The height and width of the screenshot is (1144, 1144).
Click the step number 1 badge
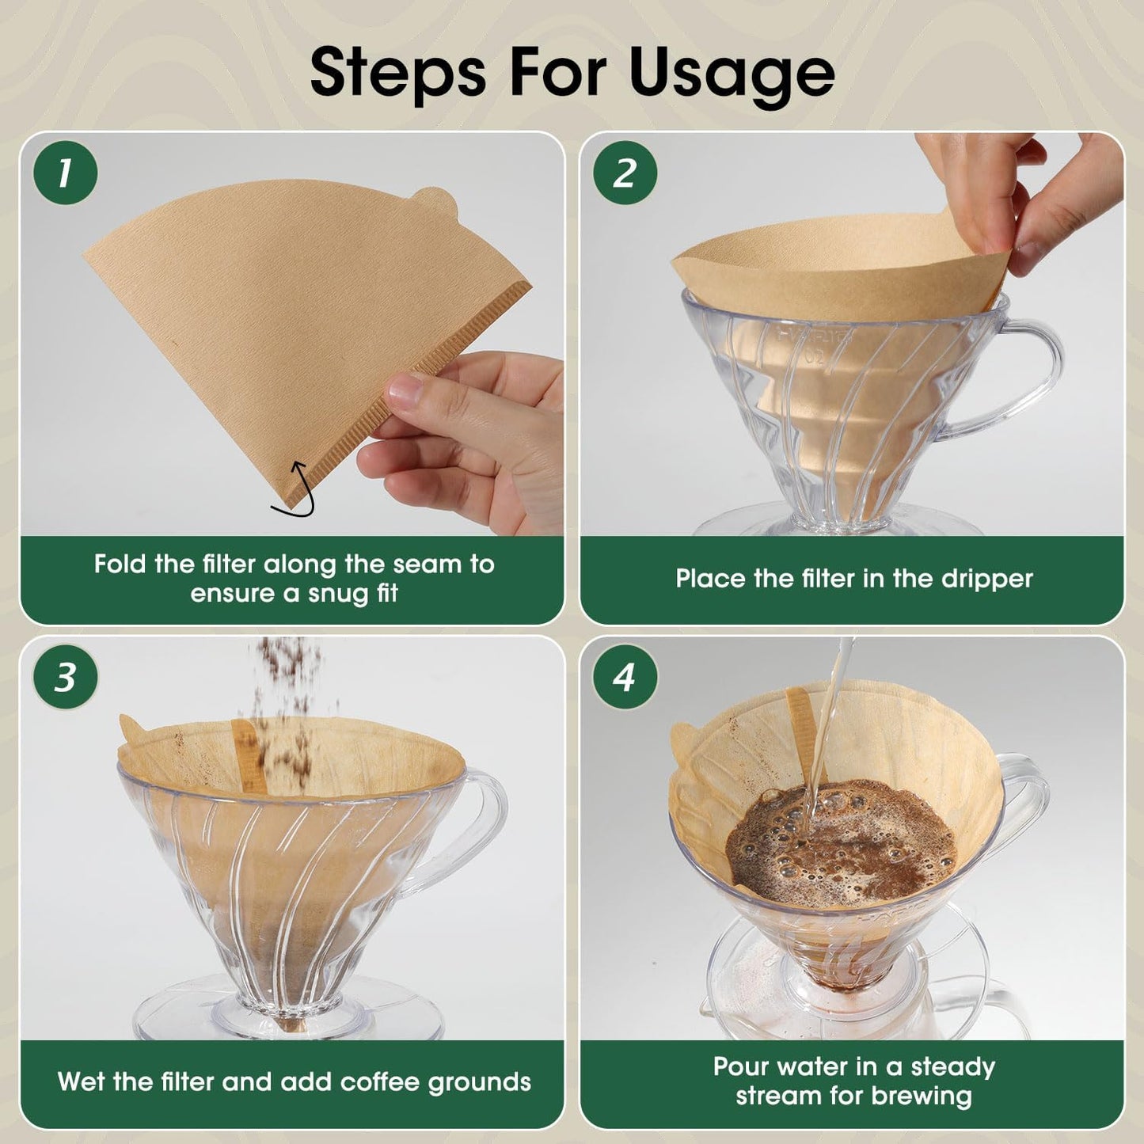click(65, 173)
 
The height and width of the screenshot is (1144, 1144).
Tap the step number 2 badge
click(625, 173)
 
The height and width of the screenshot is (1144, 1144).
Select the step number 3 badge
click(65, 677)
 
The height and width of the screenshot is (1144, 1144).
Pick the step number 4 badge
click(625, 677)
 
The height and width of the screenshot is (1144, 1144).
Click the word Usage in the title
click(732, 74)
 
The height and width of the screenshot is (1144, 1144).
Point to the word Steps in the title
click(397, 74)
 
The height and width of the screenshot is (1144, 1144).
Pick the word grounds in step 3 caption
click(479, 1082)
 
